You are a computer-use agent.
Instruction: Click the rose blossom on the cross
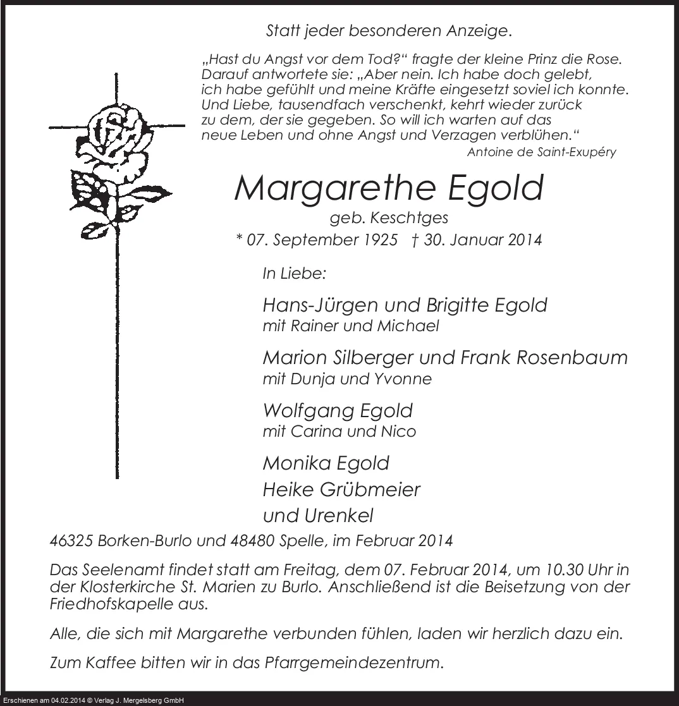pyautogui.click(x=118, y=136)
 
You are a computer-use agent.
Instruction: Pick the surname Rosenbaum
pyautogui.click(x=572, y=358)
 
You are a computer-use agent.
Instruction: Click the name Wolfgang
pyautogui.click(x=308, y=411)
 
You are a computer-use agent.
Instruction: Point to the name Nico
pyautogui.click(x=401, y=431)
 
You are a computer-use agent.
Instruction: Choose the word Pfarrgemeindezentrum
pyautogui.click(x=353, y=664)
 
